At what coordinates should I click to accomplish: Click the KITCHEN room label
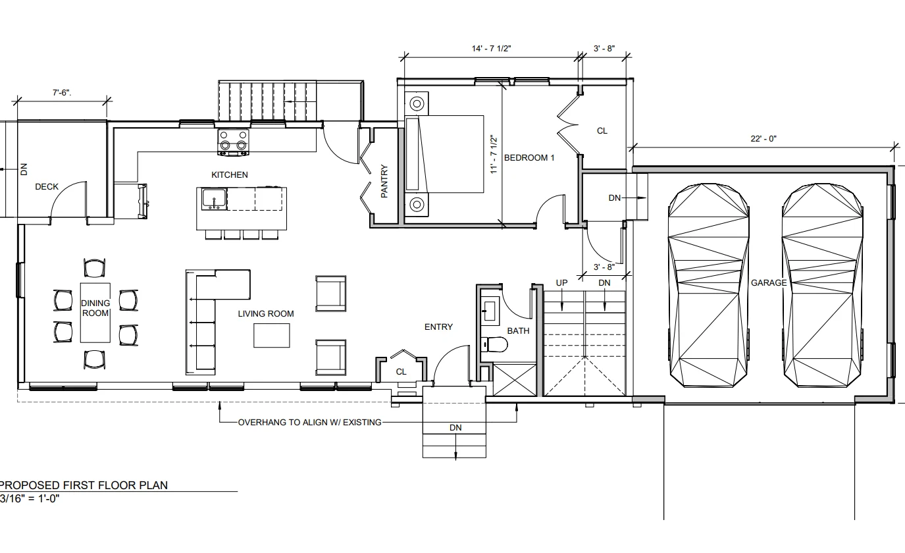click(x=230, y=174)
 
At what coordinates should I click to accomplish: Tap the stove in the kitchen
click(x=233, y=142)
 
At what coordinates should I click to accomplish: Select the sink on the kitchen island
click(x=214, y=199)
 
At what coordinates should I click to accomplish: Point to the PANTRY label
click(x=384, y=181)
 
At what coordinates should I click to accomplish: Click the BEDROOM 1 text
click(x=529, y=157)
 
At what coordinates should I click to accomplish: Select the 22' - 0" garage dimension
click(x=763, y=139)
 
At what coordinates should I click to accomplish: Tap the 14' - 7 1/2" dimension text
click(x=491, y=49)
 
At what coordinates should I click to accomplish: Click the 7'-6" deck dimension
click(x=62, y=93)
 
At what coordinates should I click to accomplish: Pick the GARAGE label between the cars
click(x=769, y=283)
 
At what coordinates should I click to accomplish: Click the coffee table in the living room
click(x=271, y=335)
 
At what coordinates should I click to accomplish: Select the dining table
click(x=95, y=313)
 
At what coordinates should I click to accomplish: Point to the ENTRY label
click(x=438, y=327)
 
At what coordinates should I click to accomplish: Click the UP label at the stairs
click(x=561, y=283)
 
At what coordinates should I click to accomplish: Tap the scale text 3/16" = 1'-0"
click(x=30, y=498)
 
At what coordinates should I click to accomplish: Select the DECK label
click(x=47, y=187)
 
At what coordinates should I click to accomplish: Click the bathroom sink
click(x=490, y=311)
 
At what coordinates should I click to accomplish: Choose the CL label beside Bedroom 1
click(x=602, y=131)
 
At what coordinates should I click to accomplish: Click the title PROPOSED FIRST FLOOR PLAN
click(x=84, y=485)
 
